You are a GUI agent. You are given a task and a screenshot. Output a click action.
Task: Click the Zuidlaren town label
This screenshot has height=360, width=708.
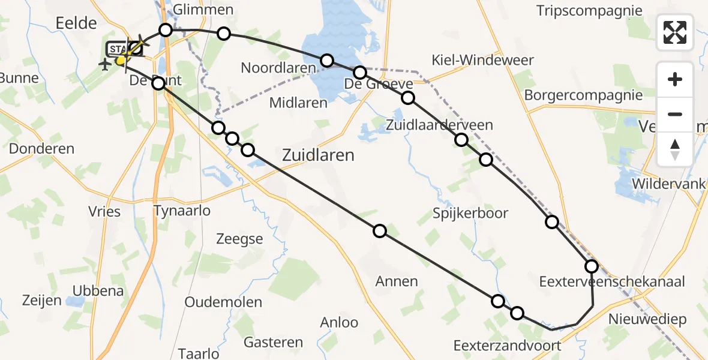tap(317, 155)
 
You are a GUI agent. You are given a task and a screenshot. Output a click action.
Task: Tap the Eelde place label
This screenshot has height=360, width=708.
tap(76, 23)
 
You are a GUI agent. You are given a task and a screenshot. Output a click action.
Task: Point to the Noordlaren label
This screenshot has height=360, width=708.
tap(278, 68)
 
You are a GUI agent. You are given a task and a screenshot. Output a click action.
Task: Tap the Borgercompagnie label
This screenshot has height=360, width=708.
tap(583, 95)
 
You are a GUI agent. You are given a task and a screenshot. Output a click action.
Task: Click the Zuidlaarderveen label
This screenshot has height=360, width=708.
tap(440, 125)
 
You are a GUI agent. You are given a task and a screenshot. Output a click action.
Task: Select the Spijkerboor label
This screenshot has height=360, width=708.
tap(470, 213)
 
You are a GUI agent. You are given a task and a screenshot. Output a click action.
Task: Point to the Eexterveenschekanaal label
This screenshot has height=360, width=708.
tap(612, 281)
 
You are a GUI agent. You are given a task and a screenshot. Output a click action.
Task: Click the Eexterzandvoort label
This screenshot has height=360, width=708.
tap(507, 346)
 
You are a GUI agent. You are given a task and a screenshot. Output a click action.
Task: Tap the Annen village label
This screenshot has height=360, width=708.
tap(396, 281)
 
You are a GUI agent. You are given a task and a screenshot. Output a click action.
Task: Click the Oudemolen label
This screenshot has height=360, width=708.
tap(223, 302)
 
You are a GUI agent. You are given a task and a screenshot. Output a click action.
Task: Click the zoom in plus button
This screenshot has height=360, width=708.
tap(675, 79)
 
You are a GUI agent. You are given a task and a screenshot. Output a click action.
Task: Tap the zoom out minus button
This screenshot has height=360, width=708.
tap(675, 114)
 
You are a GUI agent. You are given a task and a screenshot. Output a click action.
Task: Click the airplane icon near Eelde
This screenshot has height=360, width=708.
tap(105, 64)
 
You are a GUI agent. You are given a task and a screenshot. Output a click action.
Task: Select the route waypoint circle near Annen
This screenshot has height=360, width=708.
tap(379, 231)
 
